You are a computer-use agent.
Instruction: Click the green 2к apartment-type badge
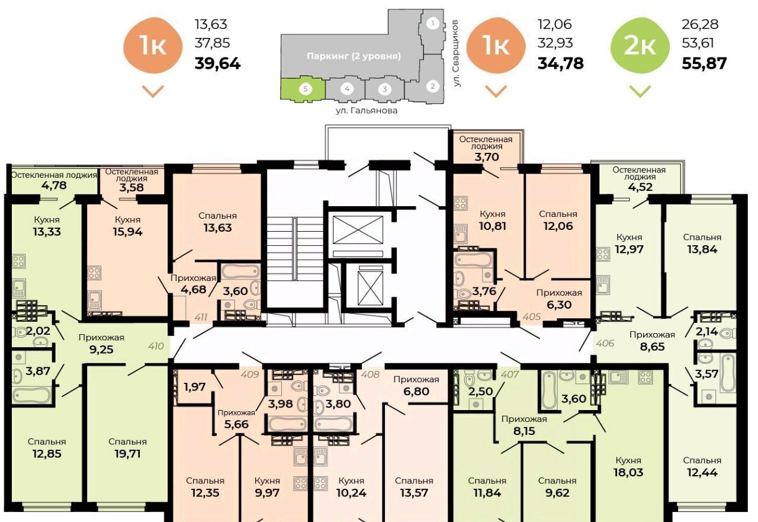[x=640, y=46]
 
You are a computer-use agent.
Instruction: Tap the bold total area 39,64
[x=217, y=63]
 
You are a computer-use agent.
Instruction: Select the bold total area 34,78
[x=561, y=63]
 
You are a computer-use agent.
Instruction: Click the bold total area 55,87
[x=704, y=63]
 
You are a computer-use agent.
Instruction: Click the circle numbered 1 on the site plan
[x=432, y=23]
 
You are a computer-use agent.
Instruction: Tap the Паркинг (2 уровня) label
[x=354, y=56]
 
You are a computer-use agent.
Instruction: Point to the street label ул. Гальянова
[x=367, y=110]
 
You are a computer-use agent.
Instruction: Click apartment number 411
[x=201, y=317]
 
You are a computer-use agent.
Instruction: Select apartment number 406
[x=605, y=343]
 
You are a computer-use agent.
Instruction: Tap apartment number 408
[x=370, y=374]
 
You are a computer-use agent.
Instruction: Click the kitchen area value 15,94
[x=127, y=232]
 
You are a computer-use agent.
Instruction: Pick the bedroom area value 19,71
[x=127, y=454]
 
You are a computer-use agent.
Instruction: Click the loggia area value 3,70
[x=486, y=157]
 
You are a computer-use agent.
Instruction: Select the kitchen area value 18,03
[x=628, y=472]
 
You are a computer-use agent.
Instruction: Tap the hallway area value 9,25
[x=101, y=350]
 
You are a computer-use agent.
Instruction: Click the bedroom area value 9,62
[x=557, y=492]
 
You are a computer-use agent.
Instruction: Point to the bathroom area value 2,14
[x=706, y=331]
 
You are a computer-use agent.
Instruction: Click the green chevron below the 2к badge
[x=640, y=91]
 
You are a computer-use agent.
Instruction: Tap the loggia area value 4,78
[x=54, y=185]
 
